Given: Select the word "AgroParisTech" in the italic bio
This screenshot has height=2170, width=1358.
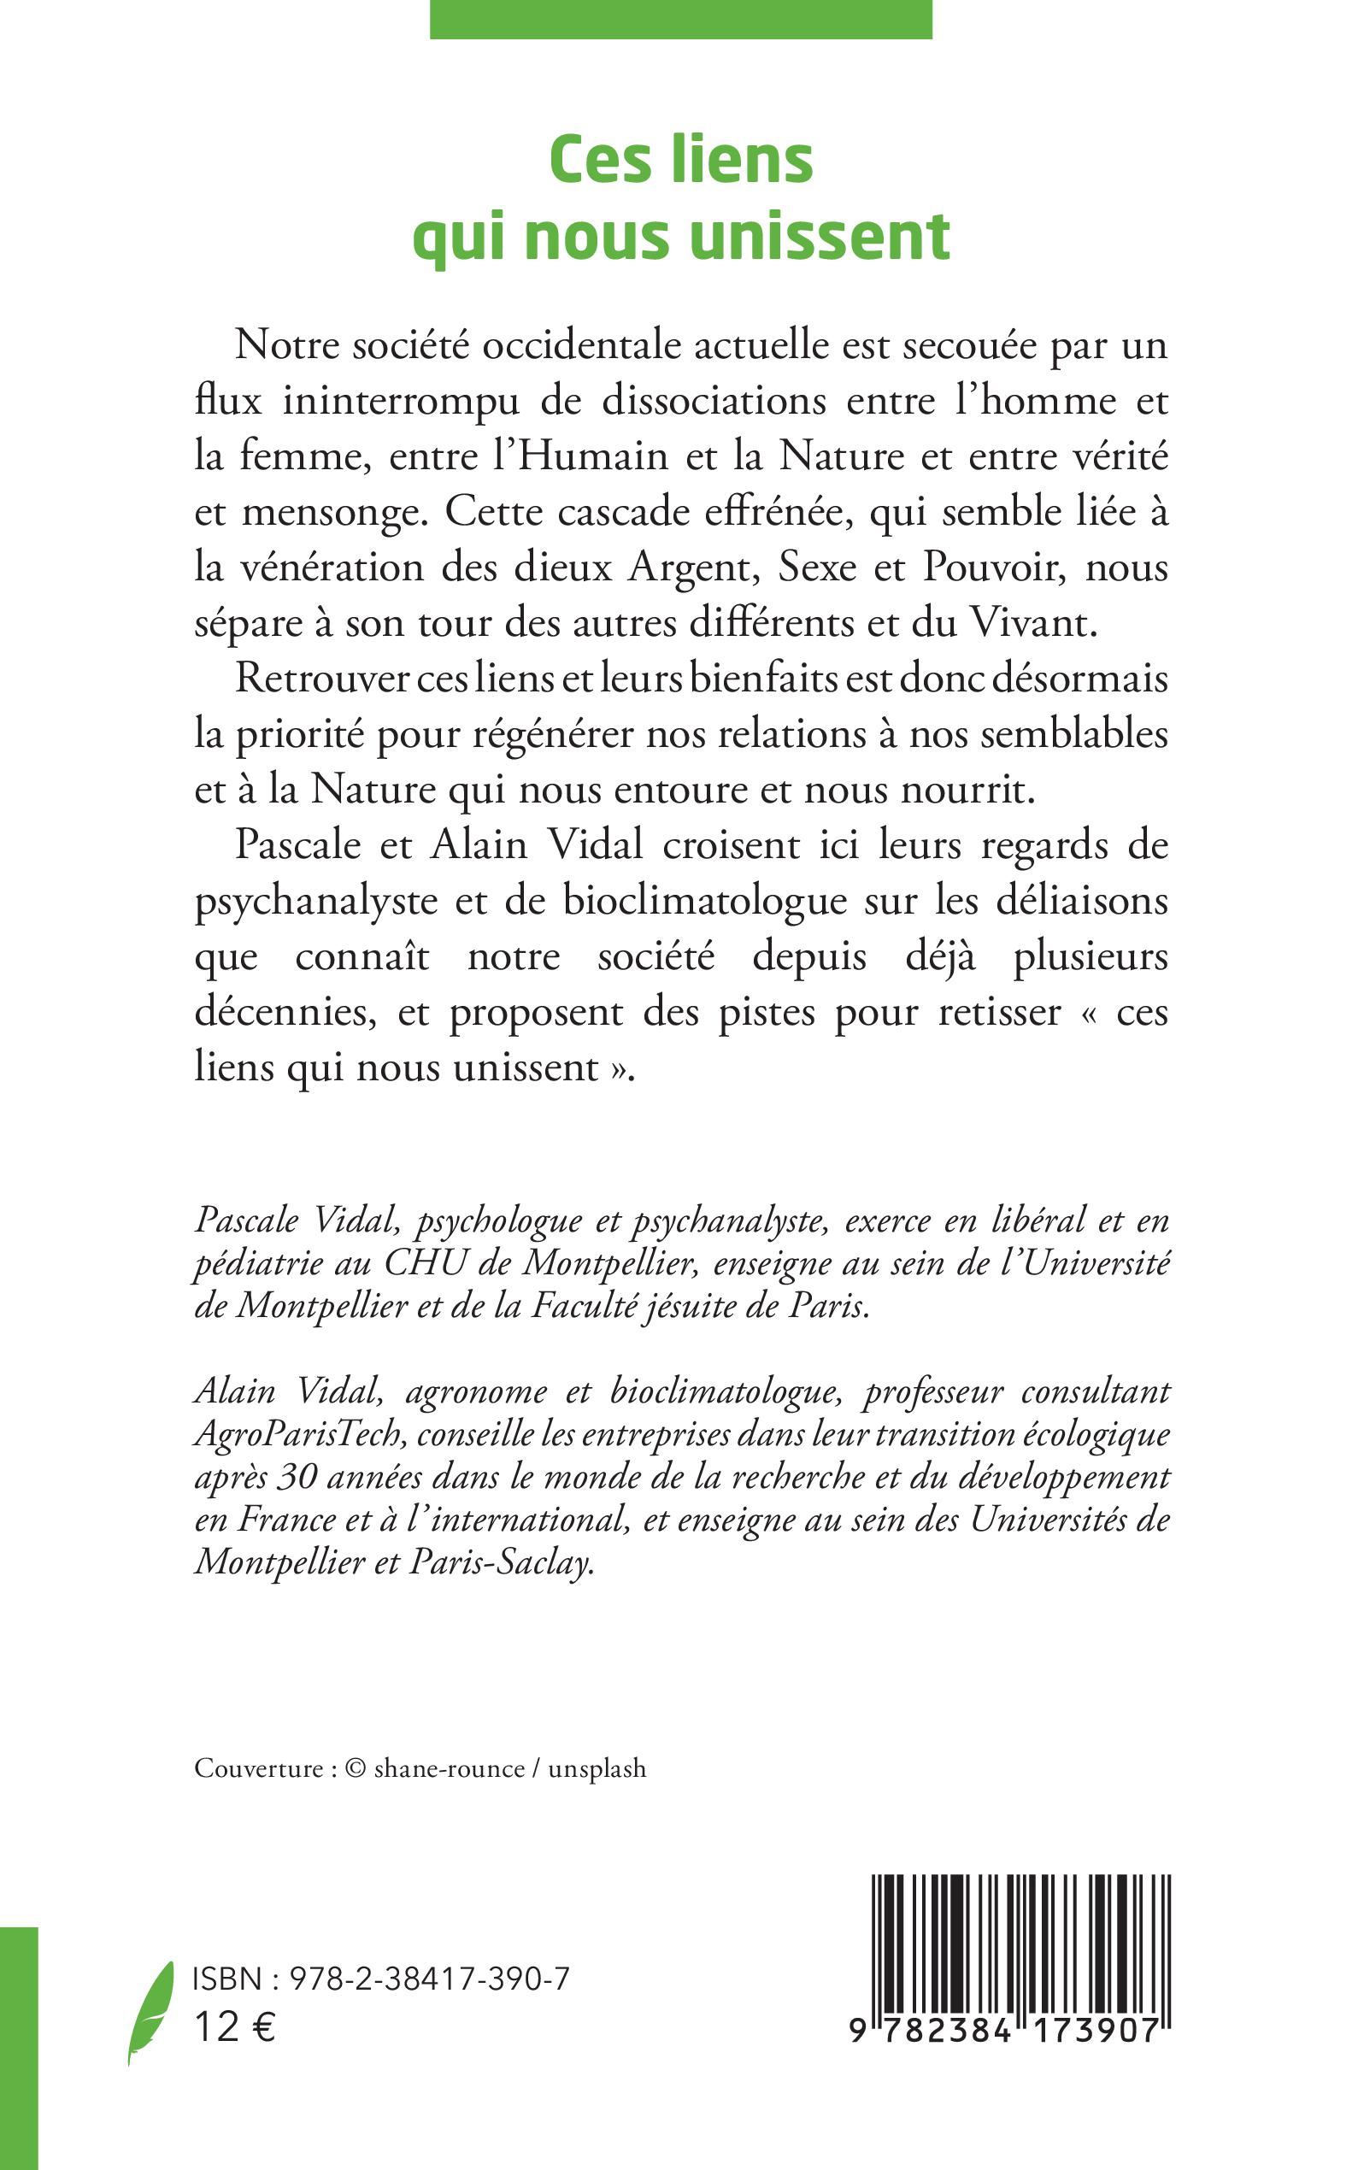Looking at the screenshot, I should (297, 1434).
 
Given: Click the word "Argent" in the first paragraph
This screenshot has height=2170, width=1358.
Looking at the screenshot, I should (689, 568).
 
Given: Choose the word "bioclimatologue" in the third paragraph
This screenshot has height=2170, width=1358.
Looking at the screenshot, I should (705, 901).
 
